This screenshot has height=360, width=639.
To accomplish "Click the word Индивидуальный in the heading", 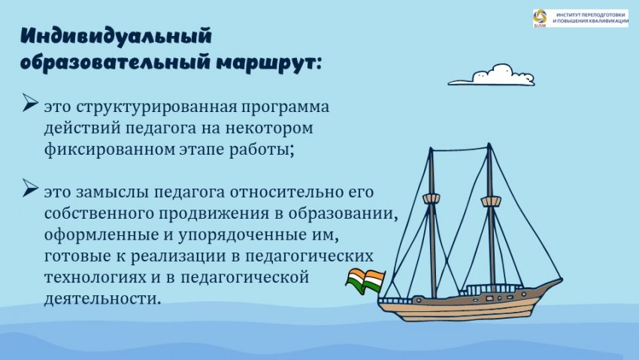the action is [x=116, y=37].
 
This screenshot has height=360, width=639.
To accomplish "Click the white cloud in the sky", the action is [x=492, y=74].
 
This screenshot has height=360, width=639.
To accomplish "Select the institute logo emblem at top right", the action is [x=541, y=18].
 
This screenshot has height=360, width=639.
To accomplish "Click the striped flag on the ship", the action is [x=365, y=280].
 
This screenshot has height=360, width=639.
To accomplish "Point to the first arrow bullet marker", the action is [x=30, y=102].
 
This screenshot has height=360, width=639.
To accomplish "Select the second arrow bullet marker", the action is [x=30, y=188].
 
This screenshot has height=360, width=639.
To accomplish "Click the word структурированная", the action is [x=156, y=107].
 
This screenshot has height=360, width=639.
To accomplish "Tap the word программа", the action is [x=285, y=107].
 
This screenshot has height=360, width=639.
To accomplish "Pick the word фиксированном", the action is [x=110, y=150].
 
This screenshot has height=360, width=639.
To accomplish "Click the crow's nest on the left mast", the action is [x=432, y=199].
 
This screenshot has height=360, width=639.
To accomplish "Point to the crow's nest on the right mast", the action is [x=491, y=201].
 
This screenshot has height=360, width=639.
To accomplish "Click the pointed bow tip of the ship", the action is [x=562, y=280].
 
